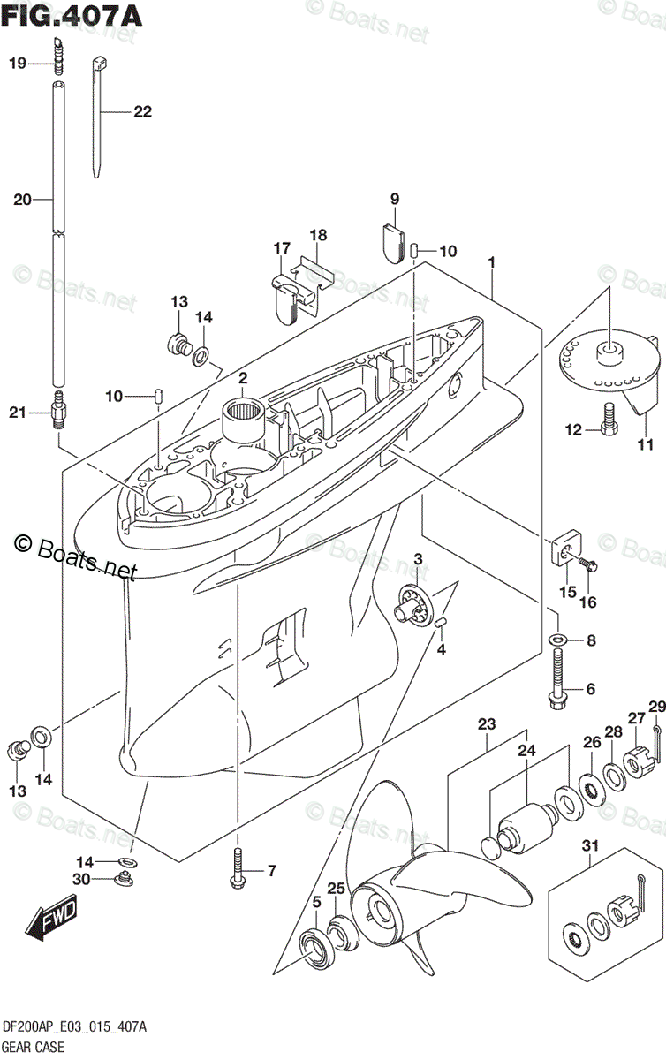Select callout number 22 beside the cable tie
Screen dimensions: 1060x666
142,112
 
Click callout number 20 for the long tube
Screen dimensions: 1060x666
22,201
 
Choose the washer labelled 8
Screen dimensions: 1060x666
556,640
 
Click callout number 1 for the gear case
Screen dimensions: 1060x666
491,263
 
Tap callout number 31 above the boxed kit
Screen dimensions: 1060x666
590,846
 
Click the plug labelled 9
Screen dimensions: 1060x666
394,237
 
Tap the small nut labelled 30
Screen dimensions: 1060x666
125,879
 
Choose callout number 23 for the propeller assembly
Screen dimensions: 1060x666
487,723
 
